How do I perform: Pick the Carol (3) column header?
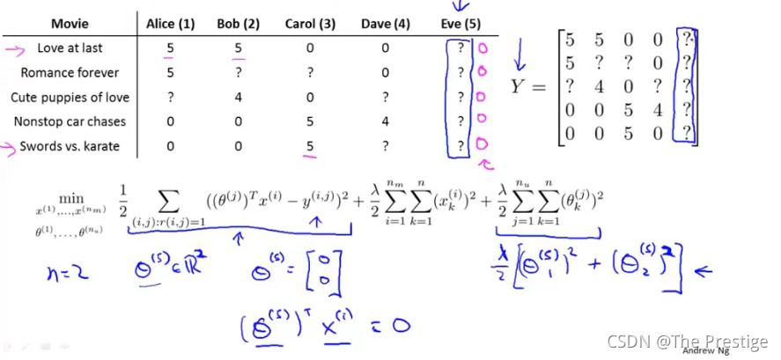point(309,24)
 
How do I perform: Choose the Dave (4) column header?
point(385,24)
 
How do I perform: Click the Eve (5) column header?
point(458,24)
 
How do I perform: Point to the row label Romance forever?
point(70,72)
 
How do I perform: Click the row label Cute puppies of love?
point(70,97)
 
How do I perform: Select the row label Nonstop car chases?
point(70,121)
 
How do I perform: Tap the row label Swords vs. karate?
point(70,146)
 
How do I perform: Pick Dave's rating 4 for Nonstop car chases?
point(385,121)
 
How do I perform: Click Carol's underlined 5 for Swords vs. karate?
point(310,146)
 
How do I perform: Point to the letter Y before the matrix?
point(519,86)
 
